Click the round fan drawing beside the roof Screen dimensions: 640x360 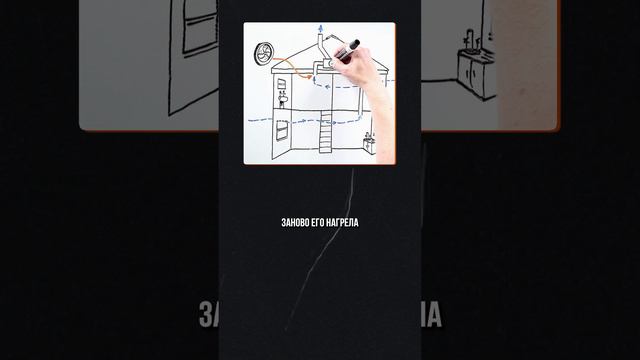pos(263,54)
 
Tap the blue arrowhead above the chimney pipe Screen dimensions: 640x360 pos(321,28)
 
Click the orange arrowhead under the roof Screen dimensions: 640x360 pos(309,76)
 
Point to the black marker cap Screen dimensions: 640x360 pos(355,44)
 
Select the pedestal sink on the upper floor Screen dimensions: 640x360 pos(282,100)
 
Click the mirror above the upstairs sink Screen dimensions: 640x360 pos(281,84)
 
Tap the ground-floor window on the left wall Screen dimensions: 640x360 pos(282,131)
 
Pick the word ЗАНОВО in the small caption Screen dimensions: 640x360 pos(293,222)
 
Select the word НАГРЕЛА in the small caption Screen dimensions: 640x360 pos(343,222)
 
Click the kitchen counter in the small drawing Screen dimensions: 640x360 pos(369,146)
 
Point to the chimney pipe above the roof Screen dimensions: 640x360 pos(320,47)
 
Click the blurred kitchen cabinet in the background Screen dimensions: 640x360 pos(476,73)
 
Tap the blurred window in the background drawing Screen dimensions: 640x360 pos(200,27)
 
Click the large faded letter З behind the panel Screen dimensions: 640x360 pos(207,315)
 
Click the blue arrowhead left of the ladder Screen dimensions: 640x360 pos(303,121)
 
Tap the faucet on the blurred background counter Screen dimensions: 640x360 pos(471,40)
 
